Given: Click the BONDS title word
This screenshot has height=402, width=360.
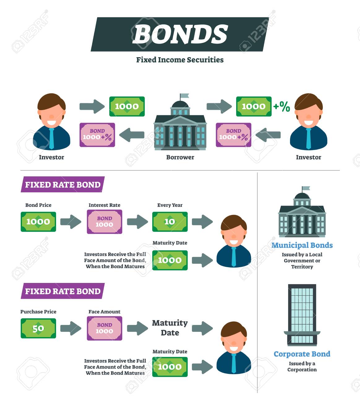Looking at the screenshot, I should pyautogui.click(x=180, y=34).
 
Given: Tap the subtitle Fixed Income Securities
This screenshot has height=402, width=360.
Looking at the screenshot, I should pyautogui.click(x=180, y=60).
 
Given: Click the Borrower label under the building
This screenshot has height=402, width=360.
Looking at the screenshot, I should pyautogui.click(x=180, y=157).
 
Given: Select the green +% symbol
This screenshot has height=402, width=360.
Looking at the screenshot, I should pyautogui.click(x=282, y=107).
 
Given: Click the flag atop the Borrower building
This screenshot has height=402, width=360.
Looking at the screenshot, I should pyautogui.click(x=184, y=96).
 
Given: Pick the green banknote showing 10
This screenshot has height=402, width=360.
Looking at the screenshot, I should pyautogui.click(x=170, y=222).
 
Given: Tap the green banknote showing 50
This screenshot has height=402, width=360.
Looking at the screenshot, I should pyautogui.click(x=38, y=328).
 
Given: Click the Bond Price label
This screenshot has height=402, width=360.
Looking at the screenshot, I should pyautogui.click(x=38, y=205).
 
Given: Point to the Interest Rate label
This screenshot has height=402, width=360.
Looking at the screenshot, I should pyautogui.click(x=104, y=205).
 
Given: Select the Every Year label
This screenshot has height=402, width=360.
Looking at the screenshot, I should pyautogui.click(x=170, y=205).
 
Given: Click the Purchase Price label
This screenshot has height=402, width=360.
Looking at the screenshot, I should pyautogui.click(x=38, y=312).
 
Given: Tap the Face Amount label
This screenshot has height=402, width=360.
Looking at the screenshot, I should pyautogui.click(x=104, y=312).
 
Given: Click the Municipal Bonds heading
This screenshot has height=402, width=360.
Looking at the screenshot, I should pyautogui.click(x=302, y=245).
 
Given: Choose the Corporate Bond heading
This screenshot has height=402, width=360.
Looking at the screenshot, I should pyautogui.click(x=302, y=354).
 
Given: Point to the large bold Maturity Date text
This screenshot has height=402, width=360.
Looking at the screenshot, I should pyautogui.click(x=170, y=328).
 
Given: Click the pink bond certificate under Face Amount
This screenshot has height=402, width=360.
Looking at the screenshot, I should pyautogui.click(x=104, y=328).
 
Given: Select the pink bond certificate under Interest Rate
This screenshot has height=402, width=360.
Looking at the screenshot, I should pyautogui.click(x=104, y=222).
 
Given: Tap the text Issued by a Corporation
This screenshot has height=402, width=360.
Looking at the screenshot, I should pyautogui.click(x=302, y=366).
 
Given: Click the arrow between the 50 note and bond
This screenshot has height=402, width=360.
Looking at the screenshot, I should pyautogui.click(x=71, y=328).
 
